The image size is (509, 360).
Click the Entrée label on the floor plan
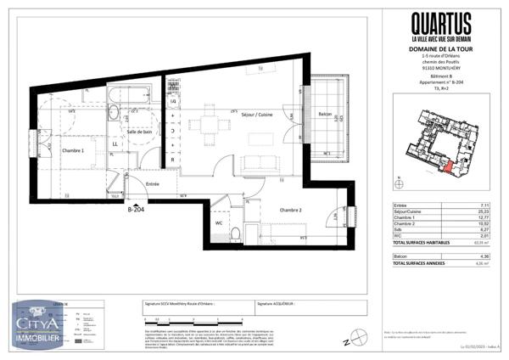point(152,183)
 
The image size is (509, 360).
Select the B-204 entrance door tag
point(137,208)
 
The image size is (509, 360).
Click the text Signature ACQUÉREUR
point(276,302)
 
